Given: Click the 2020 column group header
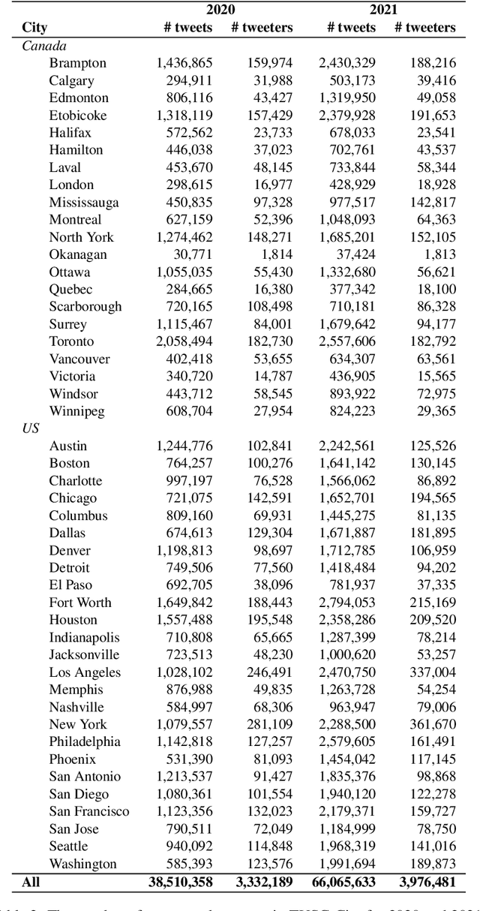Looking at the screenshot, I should point(222,10).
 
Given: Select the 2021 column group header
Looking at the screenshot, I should point(383,10).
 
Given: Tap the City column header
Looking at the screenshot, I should point(34,28).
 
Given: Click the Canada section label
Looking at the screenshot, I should point(43,46).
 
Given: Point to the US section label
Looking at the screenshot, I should point(30,428).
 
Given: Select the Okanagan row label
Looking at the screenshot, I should point(78,254).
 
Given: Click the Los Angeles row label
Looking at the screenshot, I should point(85,672).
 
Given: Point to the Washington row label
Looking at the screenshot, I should point(83,864).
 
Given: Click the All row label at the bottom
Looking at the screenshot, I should point(31,882).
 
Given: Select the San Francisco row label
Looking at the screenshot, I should point(89,811).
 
